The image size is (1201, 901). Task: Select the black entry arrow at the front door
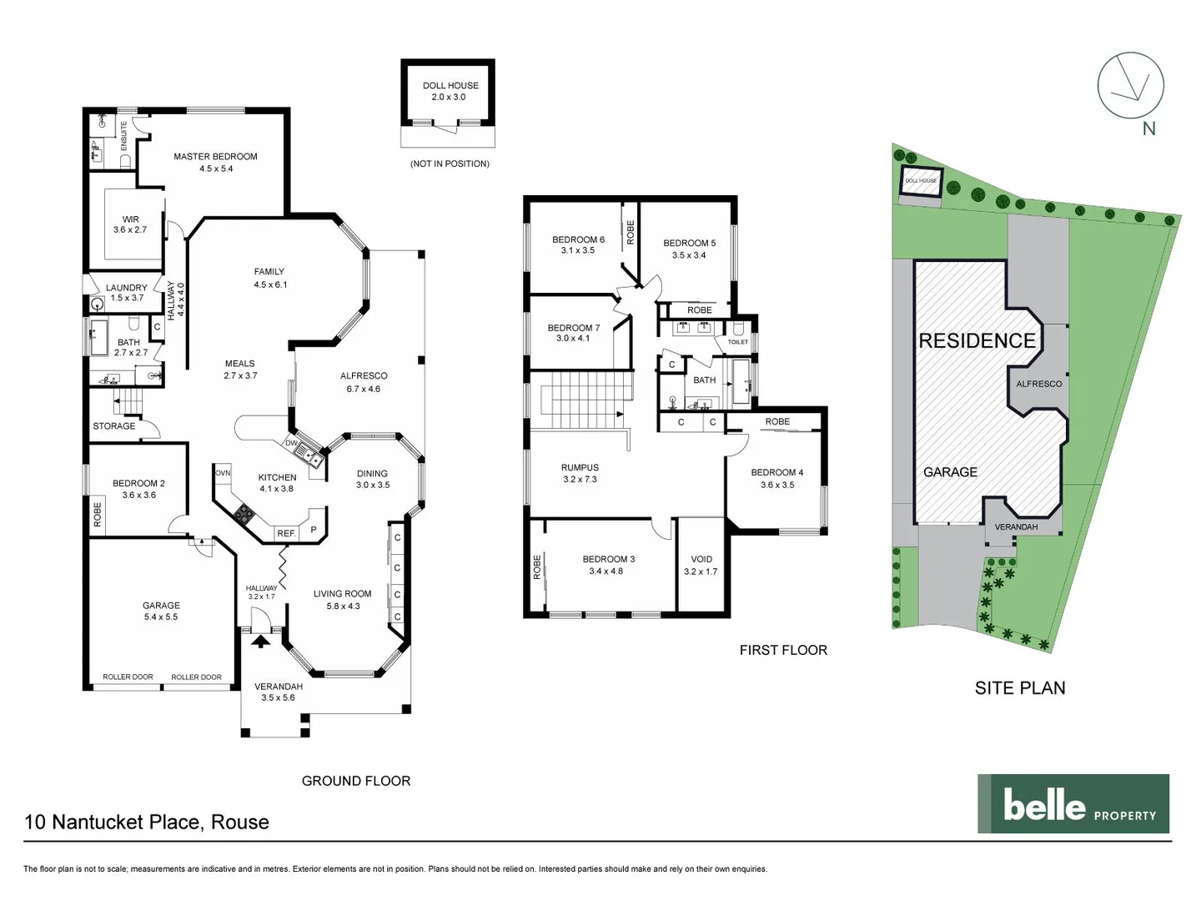coord(261,641)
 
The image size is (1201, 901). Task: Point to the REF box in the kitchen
coord(286,533)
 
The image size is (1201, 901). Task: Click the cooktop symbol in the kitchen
coord(244,514)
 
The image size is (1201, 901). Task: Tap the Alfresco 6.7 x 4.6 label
coord(364,382)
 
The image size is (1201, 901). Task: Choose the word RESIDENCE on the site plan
coord(977,340)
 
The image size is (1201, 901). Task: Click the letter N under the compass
coord(1148,128)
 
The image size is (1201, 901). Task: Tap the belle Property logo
coord(1073,804)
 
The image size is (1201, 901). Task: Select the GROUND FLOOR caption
coord(356,781)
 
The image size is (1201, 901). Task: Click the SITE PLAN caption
coord(1020,688)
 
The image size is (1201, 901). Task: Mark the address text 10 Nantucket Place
coord(147,822)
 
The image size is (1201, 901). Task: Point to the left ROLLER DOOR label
coord(128,677)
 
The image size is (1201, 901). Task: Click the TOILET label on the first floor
coord(738,342)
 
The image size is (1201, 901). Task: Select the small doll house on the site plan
coord(922,183)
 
